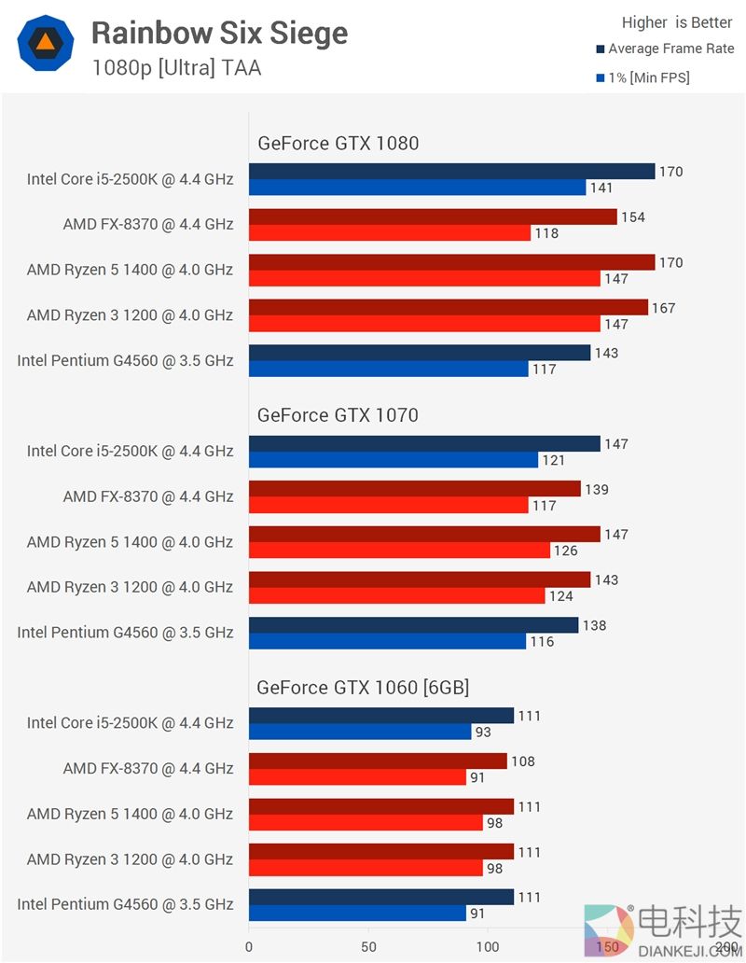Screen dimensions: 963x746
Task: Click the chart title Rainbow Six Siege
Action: [x=219, y=34]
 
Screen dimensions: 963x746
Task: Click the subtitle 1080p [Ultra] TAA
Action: [x=176, y=68]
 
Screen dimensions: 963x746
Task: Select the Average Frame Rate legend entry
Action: [x=664, y=49]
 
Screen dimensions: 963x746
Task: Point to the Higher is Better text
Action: [x=677, y=22]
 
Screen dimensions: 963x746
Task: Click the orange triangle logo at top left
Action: [x=45, y=44]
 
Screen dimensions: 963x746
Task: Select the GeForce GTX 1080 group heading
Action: [x=338, y=143]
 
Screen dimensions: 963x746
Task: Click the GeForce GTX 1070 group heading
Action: [x=338, y=414]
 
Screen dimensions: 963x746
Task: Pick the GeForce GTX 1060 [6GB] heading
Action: [x=363, y=688]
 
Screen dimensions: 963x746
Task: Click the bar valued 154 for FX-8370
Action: [x=433, y=216]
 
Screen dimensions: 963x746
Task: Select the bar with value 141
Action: [x=417, y=188]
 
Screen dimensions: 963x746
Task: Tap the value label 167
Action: [x=664, y=308]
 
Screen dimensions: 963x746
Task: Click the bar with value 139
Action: [x=415, y=489]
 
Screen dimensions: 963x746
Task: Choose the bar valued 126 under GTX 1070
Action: [x=399, y=551]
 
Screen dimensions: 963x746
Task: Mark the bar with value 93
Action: [x=360, y=732]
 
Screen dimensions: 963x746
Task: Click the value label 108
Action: [x=523, y=761]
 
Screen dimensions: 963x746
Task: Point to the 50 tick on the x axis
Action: [x=368, y=946]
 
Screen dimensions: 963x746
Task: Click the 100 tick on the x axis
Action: [x=488, y=946]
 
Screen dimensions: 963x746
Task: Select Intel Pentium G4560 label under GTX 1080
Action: [x=125, y=360]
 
